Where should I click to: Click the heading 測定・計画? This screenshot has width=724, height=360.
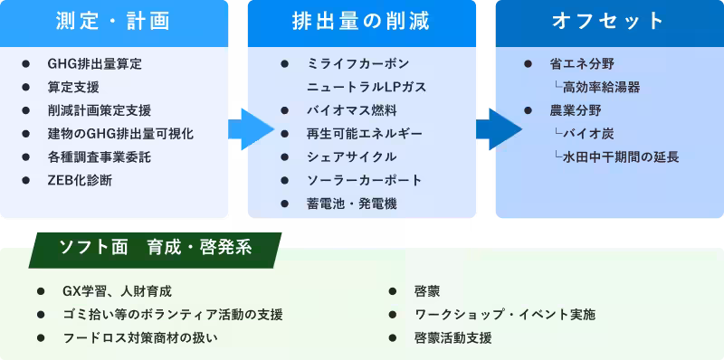coord(114,22)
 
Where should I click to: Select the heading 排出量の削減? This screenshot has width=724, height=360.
coord(362,22)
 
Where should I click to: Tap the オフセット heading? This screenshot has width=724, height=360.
coord(609,22)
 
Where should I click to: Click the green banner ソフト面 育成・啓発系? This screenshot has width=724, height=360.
coord(155,249)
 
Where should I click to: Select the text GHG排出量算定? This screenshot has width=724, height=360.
coord(94,64)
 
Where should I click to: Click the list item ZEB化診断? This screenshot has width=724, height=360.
coord(80,180)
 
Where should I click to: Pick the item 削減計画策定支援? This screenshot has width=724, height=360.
coord(99,110)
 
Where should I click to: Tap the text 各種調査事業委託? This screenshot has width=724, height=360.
coord(99,156)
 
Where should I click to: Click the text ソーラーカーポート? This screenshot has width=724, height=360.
coord(364,180)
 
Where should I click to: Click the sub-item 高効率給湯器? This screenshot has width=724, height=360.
coord(601,88)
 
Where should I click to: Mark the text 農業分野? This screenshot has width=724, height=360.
coord(575,110)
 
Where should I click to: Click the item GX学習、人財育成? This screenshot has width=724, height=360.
coord(117,291)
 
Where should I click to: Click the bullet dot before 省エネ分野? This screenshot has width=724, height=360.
coord(528,64)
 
